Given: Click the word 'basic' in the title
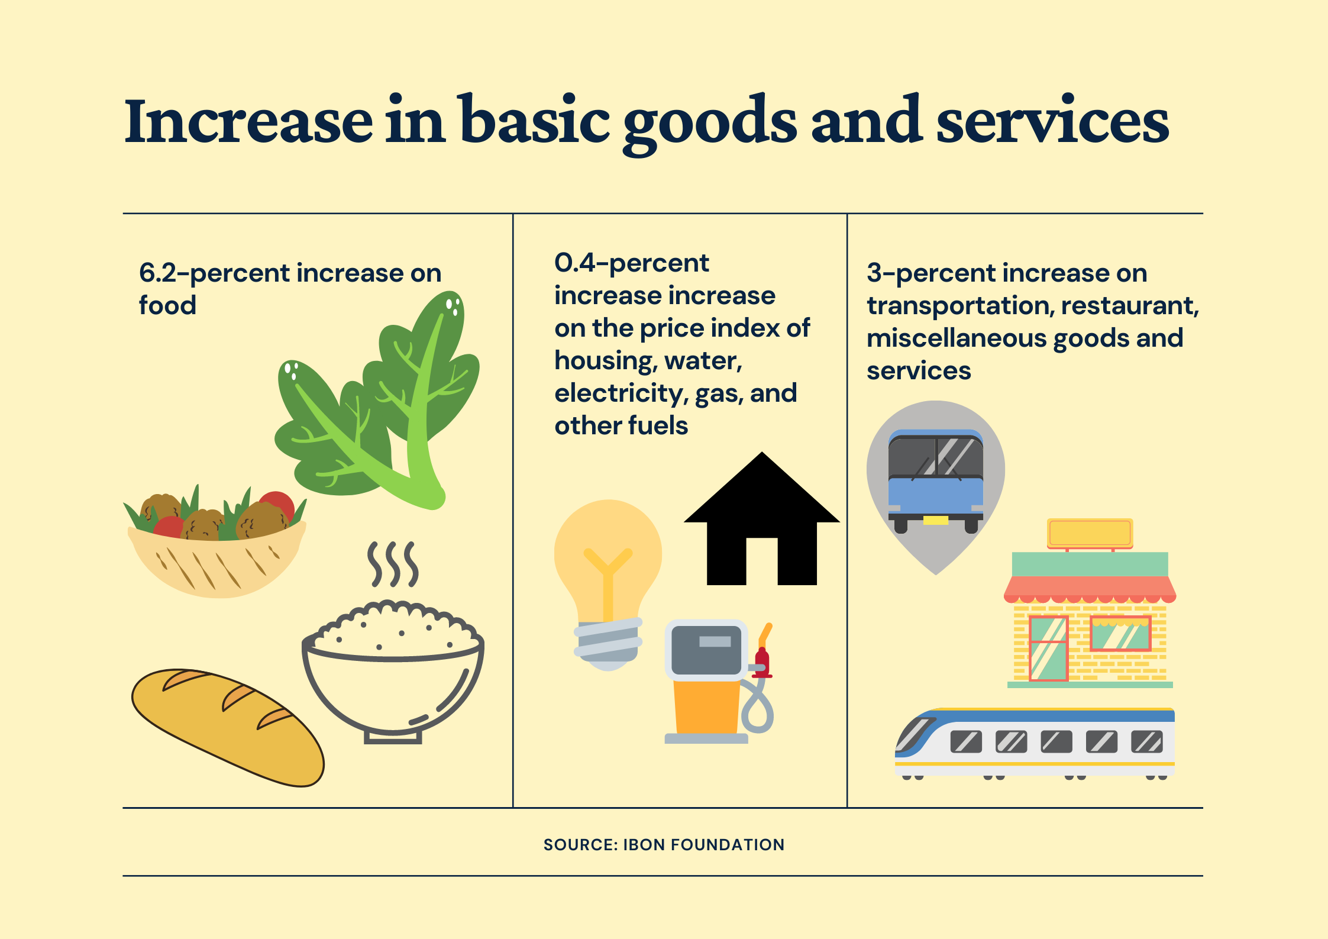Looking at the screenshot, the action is (535, 121).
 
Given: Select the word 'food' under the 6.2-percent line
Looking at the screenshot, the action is (167, 305).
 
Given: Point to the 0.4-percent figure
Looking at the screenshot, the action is (631, 263).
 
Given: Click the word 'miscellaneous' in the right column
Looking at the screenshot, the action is (957, 338).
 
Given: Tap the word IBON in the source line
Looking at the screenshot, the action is (644, 845).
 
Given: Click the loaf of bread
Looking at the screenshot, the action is (228, 727).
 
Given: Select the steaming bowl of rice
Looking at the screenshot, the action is (393, 672).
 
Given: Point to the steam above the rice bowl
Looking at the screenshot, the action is (393, 564).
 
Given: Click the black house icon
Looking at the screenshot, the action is (761, 519).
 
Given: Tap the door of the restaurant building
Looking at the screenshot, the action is (1048, 648).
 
